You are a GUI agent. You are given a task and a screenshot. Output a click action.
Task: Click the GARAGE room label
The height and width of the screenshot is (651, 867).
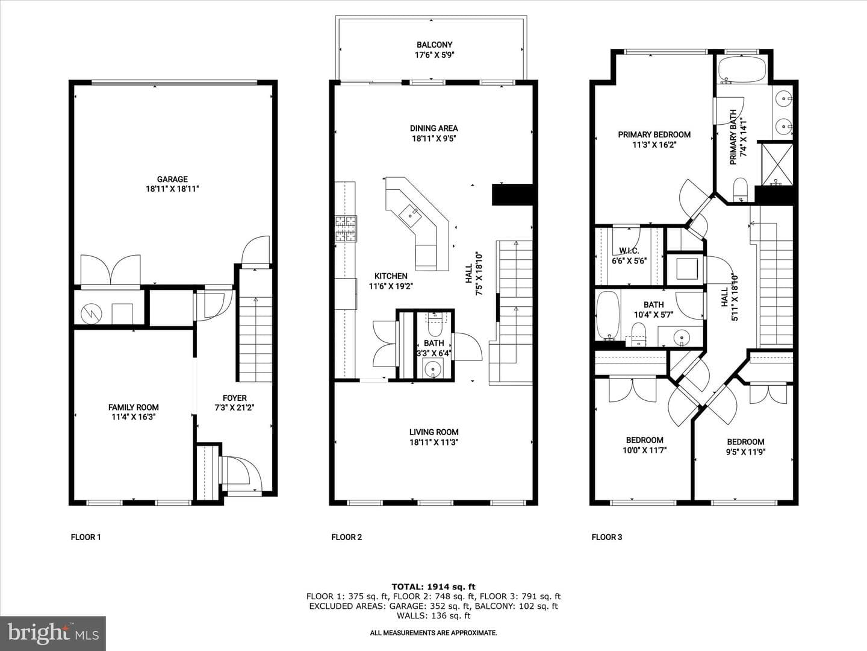(x=172, y=179)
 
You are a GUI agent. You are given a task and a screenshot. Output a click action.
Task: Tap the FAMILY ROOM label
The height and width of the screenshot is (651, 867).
(x=134, y=407)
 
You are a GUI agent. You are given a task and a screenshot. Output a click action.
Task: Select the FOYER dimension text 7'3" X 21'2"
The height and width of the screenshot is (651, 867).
(x=234, y=408)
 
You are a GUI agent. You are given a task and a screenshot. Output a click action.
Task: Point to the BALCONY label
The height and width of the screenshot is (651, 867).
(x=434, y=45)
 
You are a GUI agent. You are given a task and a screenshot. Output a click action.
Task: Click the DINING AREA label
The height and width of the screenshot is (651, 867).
(x=433, y=128)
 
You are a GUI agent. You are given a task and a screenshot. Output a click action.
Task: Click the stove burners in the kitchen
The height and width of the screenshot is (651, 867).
(x=346, y=228)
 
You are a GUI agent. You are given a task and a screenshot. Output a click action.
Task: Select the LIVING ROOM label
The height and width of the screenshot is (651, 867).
(x=433, y=432)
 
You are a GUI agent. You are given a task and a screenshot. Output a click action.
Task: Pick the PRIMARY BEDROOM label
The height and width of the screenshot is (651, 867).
(x=654, y=135)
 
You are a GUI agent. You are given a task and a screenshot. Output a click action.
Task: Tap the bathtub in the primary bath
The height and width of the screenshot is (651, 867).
(x=742, y=69)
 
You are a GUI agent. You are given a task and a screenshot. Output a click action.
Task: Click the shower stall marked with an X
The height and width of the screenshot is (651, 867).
(x=777, y=164)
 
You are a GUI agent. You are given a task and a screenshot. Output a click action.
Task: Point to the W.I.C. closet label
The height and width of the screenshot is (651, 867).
(x=629, y=251)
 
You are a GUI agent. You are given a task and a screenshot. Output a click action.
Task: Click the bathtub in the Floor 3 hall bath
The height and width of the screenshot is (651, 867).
(x=608, y=315)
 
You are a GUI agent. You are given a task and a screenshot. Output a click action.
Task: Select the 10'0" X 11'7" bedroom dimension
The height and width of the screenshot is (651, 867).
(x=645, y=450)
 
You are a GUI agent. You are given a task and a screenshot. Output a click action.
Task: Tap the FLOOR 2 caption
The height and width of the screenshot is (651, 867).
(x=346, y=537)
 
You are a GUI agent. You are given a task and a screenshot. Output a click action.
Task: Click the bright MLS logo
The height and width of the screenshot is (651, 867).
(x=53, y=633)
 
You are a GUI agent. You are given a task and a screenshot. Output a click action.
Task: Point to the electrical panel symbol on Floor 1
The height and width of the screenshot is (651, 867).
(x=92, y=314)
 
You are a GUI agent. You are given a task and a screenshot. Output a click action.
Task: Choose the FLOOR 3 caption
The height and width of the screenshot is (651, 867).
(x=607, y=537)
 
